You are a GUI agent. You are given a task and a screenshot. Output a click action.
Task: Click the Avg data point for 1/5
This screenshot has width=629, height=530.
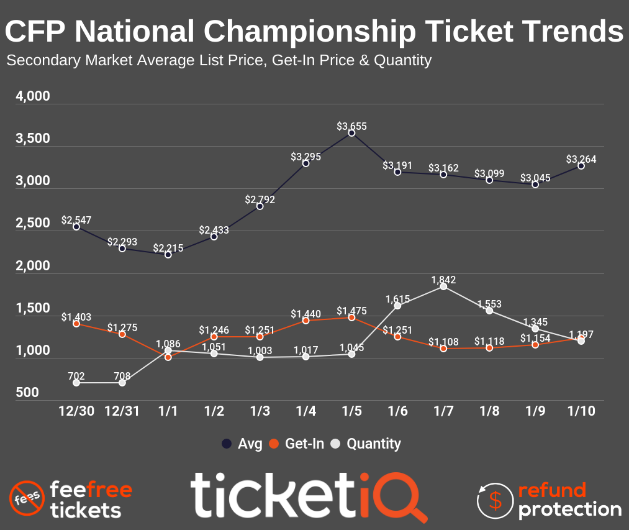(351, 133)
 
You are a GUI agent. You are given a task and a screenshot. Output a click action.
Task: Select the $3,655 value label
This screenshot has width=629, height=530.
(351, 126)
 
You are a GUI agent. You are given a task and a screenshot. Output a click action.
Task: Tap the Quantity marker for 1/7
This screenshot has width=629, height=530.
(443, 286)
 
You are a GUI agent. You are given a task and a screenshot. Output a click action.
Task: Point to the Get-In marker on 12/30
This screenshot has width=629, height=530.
(76, 324)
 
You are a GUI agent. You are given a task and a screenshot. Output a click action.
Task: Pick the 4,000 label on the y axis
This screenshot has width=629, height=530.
(32, 97)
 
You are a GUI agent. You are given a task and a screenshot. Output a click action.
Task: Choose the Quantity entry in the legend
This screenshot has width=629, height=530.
(366, 444)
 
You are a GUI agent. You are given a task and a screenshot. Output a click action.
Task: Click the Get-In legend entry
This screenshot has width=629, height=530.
(297, 444)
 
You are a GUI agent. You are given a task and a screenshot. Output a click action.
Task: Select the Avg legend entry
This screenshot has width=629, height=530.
(242, 444)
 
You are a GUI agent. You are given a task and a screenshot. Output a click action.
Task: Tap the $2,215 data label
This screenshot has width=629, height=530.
(168, 248)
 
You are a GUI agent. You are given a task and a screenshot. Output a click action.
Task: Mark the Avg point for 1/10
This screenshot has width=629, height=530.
(581, 166)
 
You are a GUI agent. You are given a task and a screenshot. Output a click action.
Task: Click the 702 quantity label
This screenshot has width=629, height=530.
(76, 376)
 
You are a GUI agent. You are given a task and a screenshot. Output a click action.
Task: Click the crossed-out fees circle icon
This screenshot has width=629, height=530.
(26, 499)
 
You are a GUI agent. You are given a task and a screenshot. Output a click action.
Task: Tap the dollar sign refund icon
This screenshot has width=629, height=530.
(495, 499)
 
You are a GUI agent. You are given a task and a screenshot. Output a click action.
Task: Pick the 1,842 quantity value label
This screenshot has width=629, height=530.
(443, 280)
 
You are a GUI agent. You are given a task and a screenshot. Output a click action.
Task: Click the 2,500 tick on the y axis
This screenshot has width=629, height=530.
(32, 224)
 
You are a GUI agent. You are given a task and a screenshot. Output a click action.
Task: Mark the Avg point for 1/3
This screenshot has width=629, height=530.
(260, 206)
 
